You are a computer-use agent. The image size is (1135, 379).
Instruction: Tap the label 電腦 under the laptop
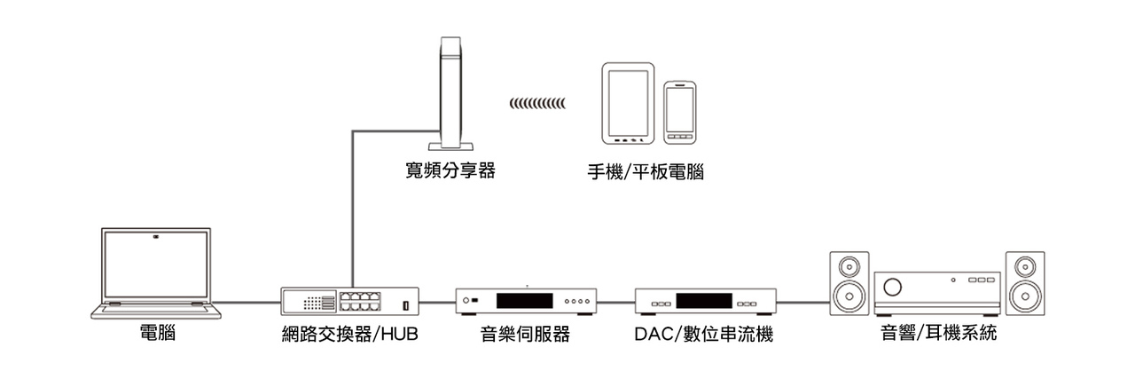point(158,335)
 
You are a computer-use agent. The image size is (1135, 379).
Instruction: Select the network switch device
point(350,300)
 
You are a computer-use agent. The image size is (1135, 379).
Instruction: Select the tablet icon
point(627,103)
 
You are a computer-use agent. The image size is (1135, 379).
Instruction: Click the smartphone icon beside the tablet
point(680,113)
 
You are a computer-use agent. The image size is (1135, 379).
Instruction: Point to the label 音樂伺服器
point(525,335)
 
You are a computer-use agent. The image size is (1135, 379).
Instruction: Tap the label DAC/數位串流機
point(704,335)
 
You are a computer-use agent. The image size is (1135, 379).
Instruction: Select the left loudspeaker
point(849,283)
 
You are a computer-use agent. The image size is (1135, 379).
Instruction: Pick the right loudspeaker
point(1025,283)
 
